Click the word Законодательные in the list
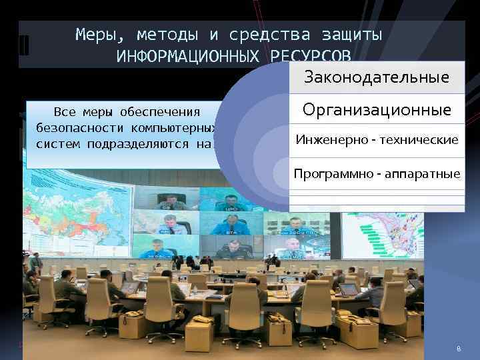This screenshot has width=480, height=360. click(377, 77)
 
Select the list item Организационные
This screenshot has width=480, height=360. click(377, 109)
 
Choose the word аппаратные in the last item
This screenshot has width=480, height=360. click(426, 174)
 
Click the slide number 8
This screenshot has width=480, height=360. click(459, 349)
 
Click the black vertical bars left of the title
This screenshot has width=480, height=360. click(24, 46)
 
